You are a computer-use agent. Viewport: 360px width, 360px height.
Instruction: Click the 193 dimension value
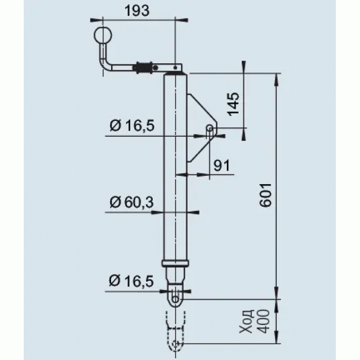[x=137, y=11]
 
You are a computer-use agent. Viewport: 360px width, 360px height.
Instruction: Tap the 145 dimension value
[x=233, y=104]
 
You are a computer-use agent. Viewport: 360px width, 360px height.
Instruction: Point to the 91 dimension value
[x=222, y=165]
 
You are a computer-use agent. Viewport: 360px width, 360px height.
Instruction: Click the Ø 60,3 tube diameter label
[x=132, y=202]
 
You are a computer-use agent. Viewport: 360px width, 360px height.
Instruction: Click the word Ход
[x=246, y=321]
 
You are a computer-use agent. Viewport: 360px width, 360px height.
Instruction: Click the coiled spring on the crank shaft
[x=143, y=67]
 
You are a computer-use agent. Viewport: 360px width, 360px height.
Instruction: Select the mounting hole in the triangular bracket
[x=210, y=128]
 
